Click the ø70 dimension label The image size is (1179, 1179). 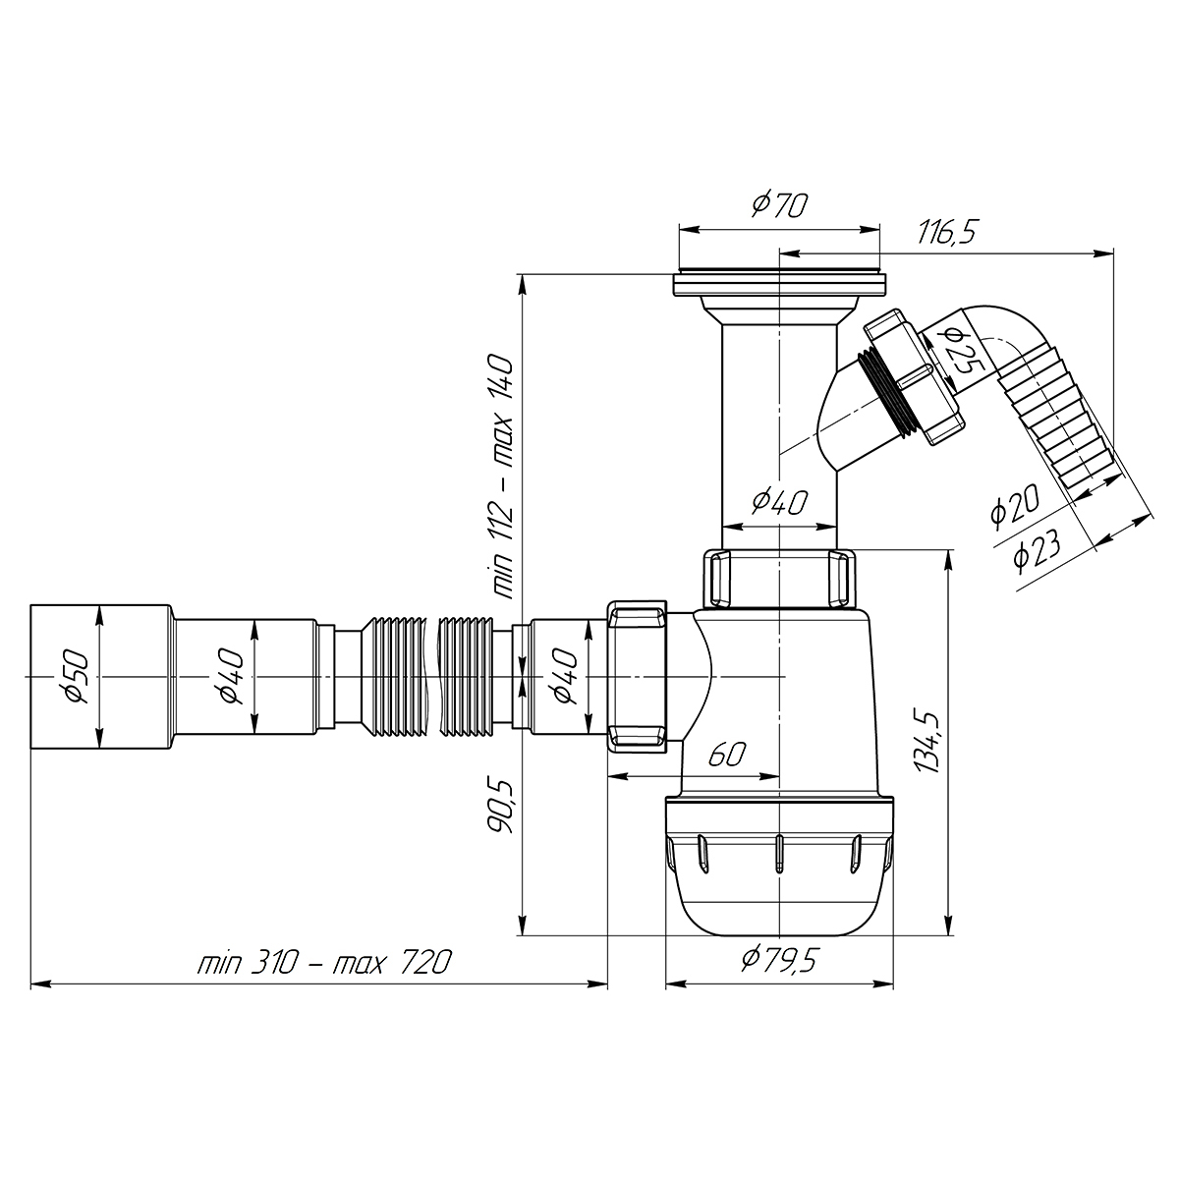click(x=779, y=205)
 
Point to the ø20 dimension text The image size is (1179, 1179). click(x=1014, y=505)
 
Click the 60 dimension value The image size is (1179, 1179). click(x=727, y=755)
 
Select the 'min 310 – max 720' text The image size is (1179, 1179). click(x=324, y=963)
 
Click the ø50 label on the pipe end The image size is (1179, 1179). click(x=78, y=677)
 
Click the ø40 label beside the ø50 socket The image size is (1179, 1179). click(x=231, y=677)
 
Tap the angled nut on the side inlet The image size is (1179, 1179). click(x=915, y=377)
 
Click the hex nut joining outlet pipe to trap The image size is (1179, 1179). click(x=638, y=677)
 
